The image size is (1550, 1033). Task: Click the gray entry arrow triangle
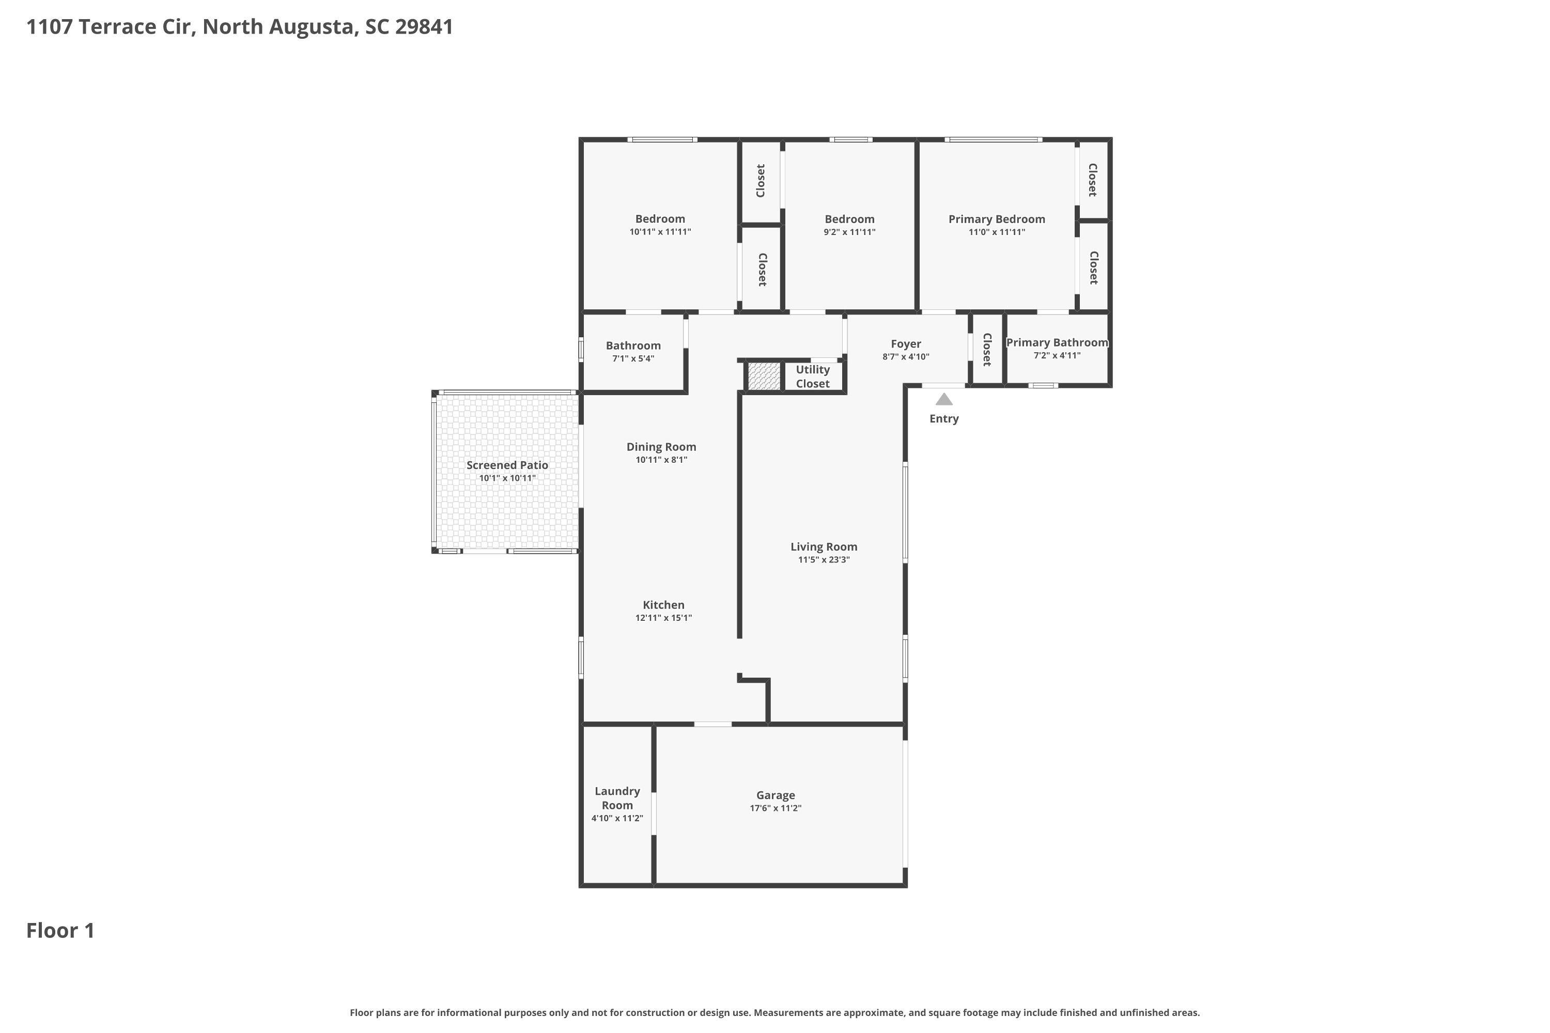pos(944,399)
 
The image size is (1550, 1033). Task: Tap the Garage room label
pos(775,795)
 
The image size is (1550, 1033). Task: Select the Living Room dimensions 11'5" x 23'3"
pos(823,560)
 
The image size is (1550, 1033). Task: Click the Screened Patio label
pos(507,465)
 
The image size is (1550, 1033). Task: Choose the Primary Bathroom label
pos(1057,342)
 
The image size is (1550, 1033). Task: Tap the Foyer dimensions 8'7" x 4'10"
pos(906,357)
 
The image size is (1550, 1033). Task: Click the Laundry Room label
pos(617,798)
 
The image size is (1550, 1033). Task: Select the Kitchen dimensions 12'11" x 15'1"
pos(663,618)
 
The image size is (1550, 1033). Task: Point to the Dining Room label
pos(661,447)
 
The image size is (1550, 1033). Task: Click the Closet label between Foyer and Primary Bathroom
pos(986,349)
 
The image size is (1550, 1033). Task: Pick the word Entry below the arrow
pos(944,419)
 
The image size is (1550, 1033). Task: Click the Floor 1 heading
pos(60,930)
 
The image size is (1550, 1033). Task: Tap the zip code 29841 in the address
pos(424,26)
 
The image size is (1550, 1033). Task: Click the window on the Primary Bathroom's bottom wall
pos(1043,385)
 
